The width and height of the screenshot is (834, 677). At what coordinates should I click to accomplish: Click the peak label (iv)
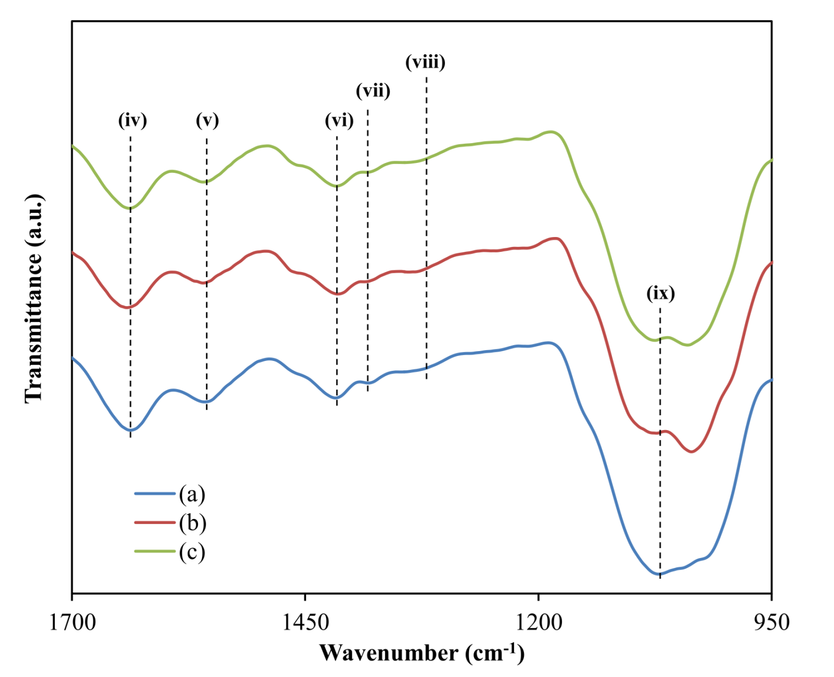(x=133, y=120)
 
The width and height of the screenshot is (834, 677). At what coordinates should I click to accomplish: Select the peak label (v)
(x=207, y=120)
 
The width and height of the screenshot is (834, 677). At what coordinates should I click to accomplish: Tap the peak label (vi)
(x=339, y=120)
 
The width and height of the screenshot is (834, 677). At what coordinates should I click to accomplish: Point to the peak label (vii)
(x=373, y=91)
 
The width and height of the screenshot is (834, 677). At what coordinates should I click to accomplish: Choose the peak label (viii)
(x=425, y=62)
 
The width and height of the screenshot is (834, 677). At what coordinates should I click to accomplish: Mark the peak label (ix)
(x=661, y=294)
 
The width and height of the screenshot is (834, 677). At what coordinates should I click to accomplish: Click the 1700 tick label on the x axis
(x=72, y=622)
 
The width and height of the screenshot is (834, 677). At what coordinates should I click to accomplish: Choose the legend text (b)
(x=192, y=523)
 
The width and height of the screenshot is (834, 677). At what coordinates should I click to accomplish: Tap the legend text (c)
(x=192, y=551)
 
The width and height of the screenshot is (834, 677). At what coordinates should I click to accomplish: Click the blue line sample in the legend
(x=155, y=494)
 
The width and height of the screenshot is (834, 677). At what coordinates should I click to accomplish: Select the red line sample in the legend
(x=155, y=523)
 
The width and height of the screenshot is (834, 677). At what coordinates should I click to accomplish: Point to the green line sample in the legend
(x=155, y=551)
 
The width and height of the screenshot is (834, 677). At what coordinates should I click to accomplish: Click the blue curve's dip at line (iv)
(x=131, y=430)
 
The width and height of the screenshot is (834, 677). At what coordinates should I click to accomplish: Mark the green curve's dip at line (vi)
(x=337, y=186)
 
